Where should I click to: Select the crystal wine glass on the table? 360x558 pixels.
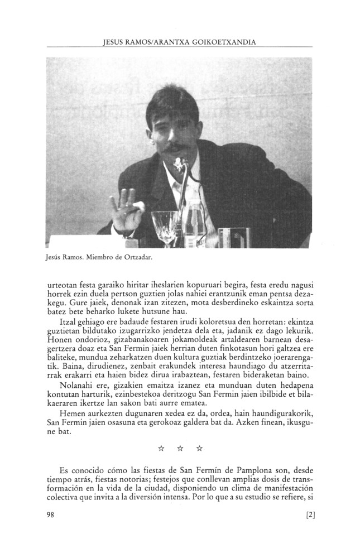[164, 227]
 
